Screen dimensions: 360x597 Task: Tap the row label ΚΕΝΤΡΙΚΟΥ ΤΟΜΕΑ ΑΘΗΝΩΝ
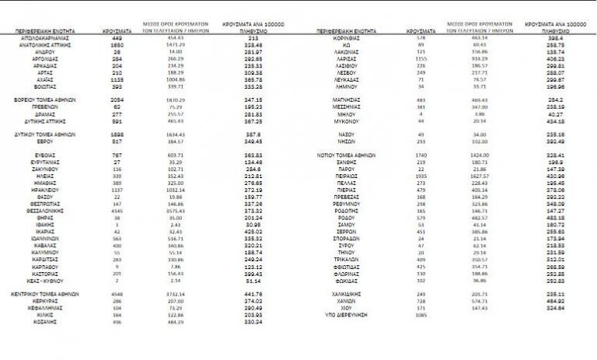point(47,293)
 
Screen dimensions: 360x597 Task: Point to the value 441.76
point(244,293)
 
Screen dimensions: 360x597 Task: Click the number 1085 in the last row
point(422,316)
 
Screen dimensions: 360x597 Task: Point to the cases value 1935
point(422,176)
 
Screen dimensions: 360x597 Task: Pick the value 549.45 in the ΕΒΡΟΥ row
point(244,142)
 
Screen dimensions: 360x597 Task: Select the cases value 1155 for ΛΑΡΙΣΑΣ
point(422,57)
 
